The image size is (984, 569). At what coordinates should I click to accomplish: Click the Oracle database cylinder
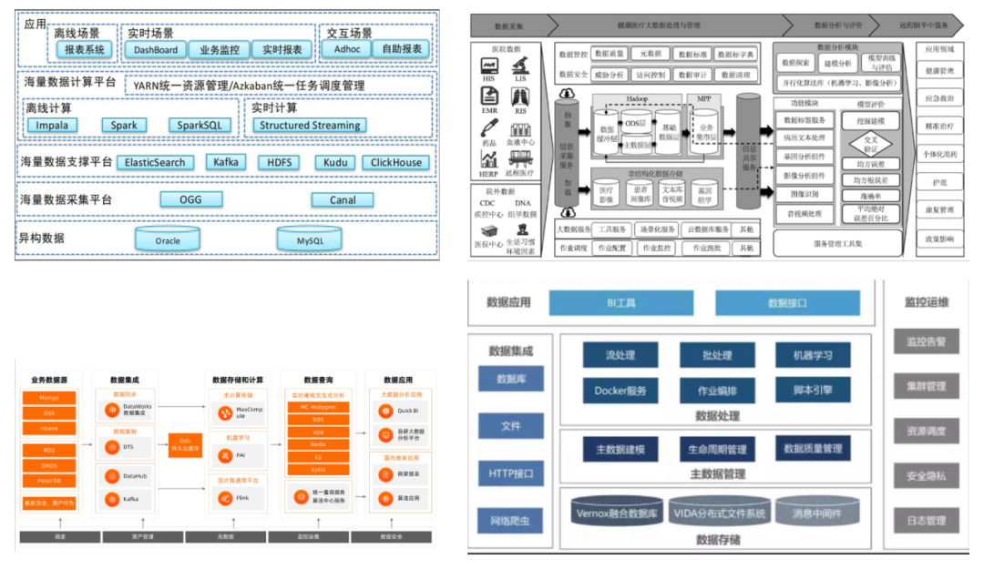(168, 239)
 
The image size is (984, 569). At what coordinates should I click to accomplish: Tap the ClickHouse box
(395, 163)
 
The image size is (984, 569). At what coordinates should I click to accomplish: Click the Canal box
(343, 200)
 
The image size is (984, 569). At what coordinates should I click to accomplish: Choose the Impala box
(51, 126)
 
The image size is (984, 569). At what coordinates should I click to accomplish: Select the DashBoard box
(156, 49)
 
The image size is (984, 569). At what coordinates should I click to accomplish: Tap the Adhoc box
(347, 49)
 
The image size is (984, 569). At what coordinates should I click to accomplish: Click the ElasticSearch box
(155, 163)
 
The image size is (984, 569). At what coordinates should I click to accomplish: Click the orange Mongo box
(49, 398)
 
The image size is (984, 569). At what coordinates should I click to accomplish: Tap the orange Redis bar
(319, 443)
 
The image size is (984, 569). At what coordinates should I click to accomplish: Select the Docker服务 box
(620, 391)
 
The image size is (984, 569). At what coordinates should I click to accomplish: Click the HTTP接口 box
(510, 473)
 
